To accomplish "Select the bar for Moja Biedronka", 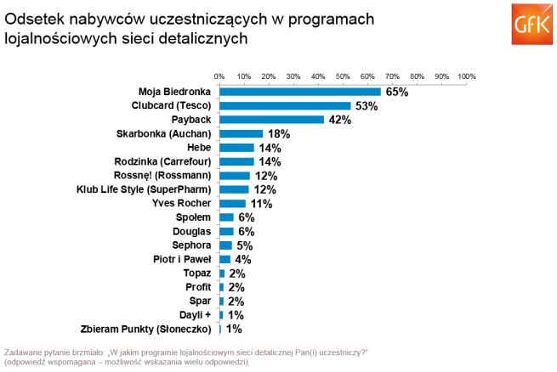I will click(x=299, y=92).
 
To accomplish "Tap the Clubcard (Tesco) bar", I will click(x=285, y=106).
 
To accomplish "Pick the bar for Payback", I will click(x=271, y=120).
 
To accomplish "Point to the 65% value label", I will click(x=396, y=92).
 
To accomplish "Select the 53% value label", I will click(x=366, y=106).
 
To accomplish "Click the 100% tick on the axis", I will click(x=466, y=76).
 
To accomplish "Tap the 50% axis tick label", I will click(x=343, y=76).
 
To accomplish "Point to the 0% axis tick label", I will click(x=219, y=76).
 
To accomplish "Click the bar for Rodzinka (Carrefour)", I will click(x=236, y=161).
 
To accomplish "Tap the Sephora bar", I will click(x=225, y=245).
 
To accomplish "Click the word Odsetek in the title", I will click(x=31, y=18).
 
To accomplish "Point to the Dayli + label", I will click(x=195, y=314).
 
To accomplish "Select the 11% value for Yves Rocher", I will click(x=261, y=204).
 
